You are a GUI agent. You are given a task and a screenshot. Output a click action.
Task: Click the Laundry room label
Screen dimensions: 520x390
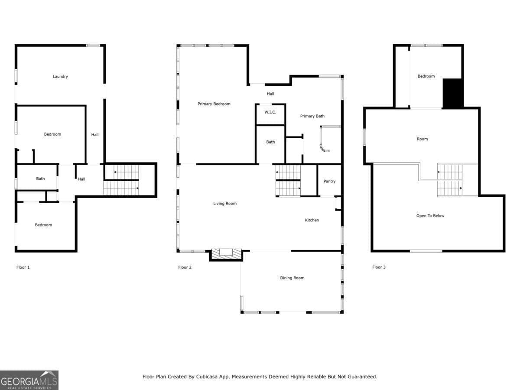point(60,77)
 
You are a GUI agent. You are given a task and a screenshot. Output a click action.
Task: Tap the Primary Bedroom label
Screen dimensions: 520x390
point(214,104)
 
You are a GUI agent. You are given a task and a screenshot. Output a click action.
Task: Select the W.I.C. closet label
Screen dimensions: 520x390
point(270,112)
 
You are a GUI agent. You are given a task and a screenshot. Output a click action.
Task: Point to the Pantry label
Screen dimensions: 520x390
point(329,182)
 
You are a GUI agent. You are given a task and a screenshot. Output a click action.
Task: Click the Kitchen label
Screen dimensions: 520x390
point(312,220)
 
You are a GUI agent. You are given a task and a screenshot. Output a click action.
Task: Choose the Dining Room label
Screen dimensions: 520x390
point(292,278)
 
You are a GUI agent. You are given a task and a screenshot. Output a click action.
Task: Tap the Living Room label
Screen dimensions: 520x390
point(225,204)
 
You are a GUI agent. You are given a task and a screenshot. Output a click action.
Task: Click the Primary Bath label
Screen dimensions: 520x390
point(312,116)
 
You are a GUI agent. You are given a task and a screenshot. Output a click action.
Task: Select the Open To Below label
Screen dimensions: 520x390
point(430,216)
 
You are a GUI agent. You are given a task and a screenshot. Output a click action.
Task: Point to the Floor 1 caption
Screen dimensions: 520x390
point(23,267)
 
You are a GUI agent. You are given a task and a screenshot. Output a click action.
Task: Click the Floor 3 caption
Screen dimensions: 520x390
point(379,267)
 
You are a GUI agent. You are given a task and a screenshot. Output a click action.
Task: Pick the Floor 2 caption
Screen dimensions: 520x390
point(185,267)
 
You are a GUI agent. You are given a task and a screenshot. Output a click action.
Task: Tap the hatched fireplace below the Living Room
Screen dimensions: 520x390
point(226,254)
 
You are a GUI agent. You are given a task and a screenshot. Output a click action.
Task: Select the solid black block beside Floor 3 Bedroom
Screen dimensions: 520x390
point(453,93)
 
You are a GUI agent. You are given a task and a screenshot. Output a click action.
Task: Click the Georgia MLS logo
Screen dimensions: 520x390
point(29,380)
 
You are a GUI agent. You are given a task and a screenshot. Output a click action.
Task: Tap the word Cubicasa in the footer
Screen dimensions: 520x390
point(207,377)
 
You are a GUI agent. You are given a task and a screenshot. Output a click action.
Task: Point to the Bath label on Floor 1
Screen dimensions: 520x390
point(40,179)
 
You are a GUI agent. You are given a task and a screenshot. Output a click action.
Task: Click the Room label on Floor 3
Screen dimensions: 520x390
point(422,139)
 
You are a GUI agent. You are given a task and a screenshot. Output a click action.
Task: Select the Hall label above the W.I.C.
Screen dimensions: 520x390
point(270,94)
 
